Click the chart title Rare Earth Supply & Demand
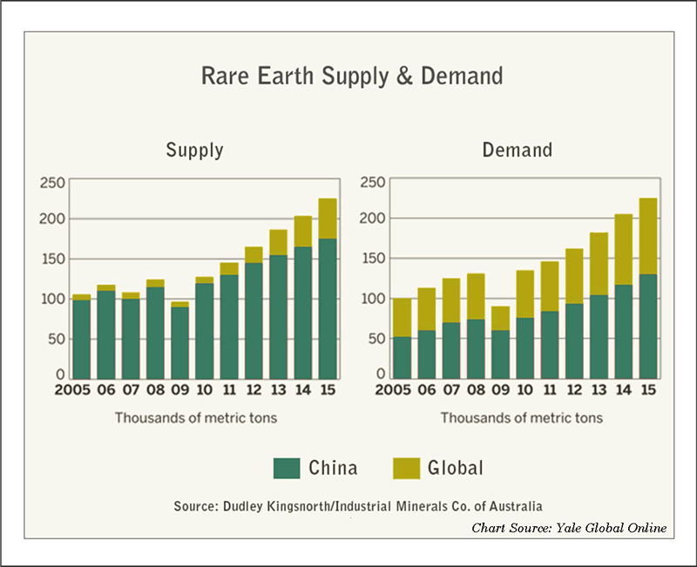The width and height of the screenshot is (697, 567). point(352,77)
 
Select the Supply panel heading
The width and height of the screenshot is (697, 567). point(194,151)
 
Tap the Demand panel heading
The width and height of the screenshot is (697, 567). point(518,151)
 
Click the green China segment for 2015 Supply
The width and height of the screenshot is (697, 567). point(327,309)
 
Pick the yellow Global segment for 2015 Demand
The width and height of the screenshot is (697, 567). point(648,236)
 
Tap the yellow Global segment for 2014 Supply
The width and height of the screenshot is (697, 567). point(302,232)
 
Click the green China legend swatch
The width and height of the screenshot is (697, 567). point(287,469)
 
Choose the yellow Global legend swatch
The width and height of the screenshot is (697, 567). point(406,469)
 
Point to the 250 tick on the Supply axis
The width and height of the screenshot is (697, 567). point(52,182)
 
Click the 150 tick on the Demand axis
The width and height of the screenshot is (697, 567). point(373,260)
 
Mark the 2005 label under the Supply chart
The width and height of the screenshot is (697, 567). point(74,392)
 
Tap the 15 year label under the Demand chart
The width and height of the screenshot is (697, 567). point(649,392)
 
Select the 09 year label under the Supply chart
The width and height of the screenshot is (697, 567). point(179,392)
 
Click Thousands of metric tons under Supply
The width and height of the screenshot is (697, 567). point(195,418)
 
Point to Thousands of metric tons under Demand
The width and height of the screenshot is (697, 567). point(521,418)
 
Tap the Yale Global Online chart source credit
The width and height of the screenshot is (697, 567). point(570,528)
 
